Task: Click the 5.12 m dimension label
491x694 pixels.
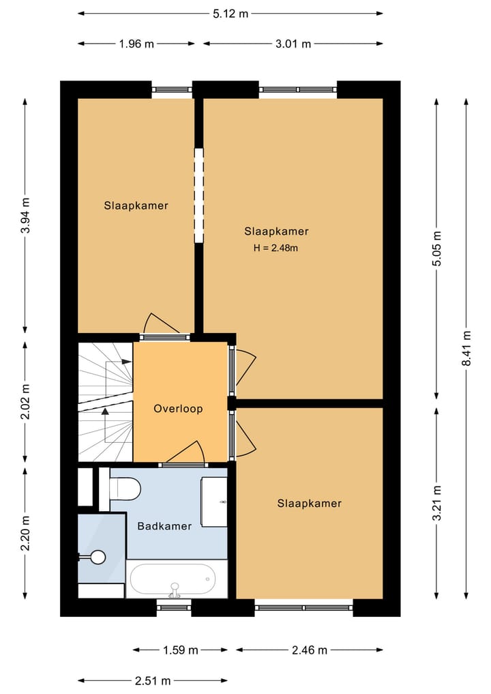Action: point(230,14)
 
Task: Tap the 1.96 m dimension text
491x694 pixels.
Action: point(136,44)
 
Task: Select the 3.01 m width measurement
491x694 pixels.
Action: point(293,44)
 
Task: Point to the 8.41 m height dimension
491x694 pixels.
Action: point(466,348)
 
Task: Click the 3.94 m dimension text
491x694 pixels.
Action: point(26,216)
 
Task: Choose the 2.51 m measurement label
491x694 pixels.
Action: point(153,680)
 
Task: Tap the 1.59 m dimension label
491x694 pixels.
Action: point(181,650)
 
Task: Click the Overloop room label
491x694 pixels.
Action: point(178,409)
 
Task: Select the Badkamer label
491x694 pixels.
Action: point(164,526)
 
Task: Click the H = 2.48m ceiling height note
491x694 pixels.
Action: point(276,248)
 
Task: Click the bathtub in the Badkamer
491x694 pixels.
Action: point(177,579)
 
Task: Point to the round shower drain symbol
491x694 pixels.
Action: point(98,557)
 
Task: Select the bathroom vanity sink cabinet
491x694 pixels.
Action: point(214,502)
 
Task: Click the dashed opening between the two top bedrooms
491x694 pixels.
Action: point(199,195)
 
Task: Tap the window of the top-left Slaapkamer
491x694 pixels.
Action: point(172,89)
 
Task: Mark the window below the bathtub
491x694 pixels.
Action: point(174,607)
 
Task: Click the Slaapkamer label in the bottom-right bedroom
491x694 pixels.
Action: point(309,503)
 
